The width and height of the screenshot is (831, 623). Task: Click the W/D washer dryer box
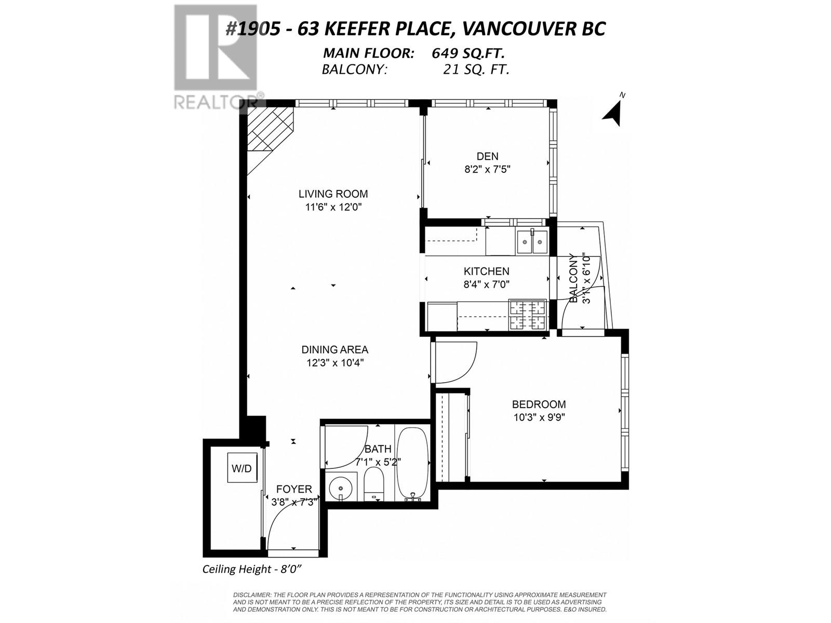click(242, 468)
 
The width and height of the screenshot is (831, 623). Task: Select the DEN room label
click(487, 156)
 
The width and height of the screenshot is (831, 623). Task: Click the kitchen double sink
click(532, 242)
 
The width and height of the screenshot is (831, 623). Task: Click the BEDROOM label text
click(539, 404)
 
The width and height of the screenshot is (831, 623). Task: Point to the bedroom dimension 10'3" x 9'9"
click(539, 418)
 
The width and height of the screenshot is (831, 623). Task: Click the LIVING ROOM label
click(333, 194)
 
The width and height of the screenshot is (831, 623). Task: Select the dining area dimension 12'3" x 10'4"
click(335, 363)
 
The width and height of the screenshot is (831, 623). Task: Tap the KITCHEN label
click(487, 271)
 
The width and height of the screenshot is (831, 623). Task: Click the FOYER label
click(294, 490)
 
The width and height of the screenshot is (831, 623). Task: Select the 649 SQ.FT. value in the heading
click(468, 53)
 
